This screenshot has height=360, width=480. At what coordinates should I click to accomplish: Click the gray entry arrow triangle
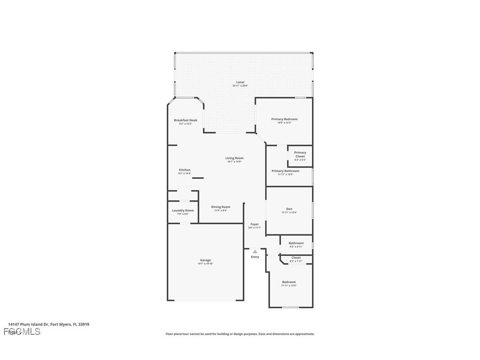(x=255, y=252)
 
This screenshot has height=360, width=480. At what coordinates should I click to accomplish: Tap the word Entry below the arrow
(x=255, y=257)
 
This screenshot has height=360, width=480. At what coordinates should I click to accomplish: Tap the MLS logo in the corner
(x=22, y=332)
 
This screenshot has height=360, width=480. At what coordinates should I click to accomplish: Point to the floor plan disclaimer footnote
(x=240, y=334)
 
